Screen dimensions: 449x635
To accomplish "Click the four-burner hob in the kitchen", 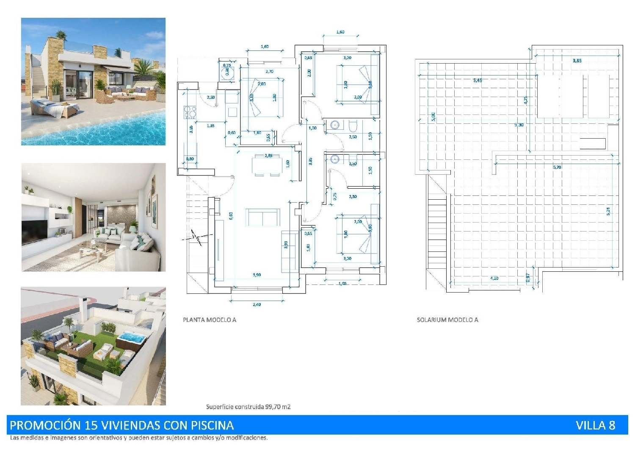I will pyautogui.click(x=190, y=112).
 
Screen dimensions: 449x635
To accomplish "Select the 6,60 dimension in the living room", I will pyautogui.click(x=231, y=216).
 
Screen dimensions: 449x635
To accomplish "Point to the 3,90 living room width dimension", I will pyautogui.click(x=257, y=275).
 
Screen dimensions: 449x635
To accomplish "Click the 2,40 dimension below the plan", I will pyautogui.click(x=257, y=304).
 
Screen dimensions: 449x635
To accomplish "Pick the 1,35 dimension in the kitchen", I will pyautogui.click(x=210, y=125).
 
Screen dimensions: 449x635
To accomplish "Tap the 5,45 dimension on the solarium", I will pyautogui.click(x=477, y=80).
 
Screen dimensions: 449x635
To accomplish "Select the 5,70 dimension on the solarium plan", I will pyautogui.click(x=557, y=167).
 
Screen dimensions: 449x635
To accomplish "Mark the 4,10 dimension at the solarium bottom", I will pyautogui.click(x=494, y=278).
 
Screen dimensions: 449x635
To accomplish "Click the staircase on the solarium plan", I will pyautogui.click(x=437, y=229).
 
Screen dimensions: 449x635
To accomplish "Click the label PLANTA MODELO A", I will pyautogui.click(x=210, y=320).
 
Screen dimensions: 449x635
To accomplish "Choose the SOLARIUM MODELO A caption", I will pyautogui.click(x=447, y=320).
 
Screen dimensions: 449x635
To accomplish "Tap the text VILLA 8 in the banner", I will pyautogui.click(x=595, y=425).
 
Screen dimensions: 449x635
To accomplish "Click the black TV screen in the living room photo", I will pyautogui.click(x=35, y=232).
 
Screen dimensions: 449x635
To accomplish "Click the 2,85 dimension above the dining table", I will pyautogui.click(x=268, y=156).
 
